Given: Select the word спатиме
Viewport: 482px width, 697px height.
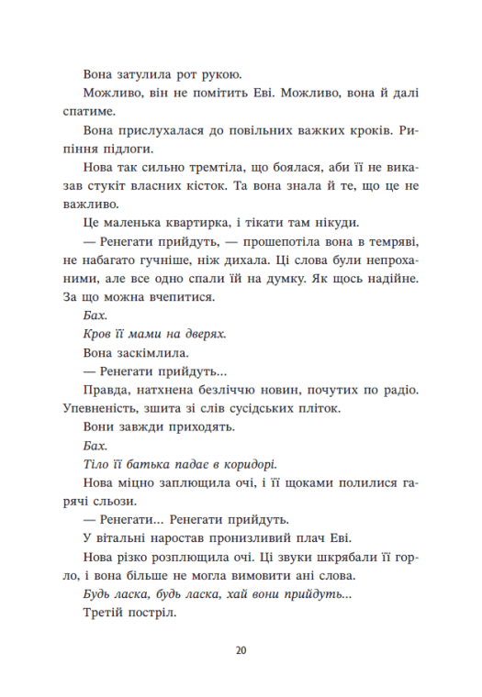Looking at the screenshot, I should pos(87,111).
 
